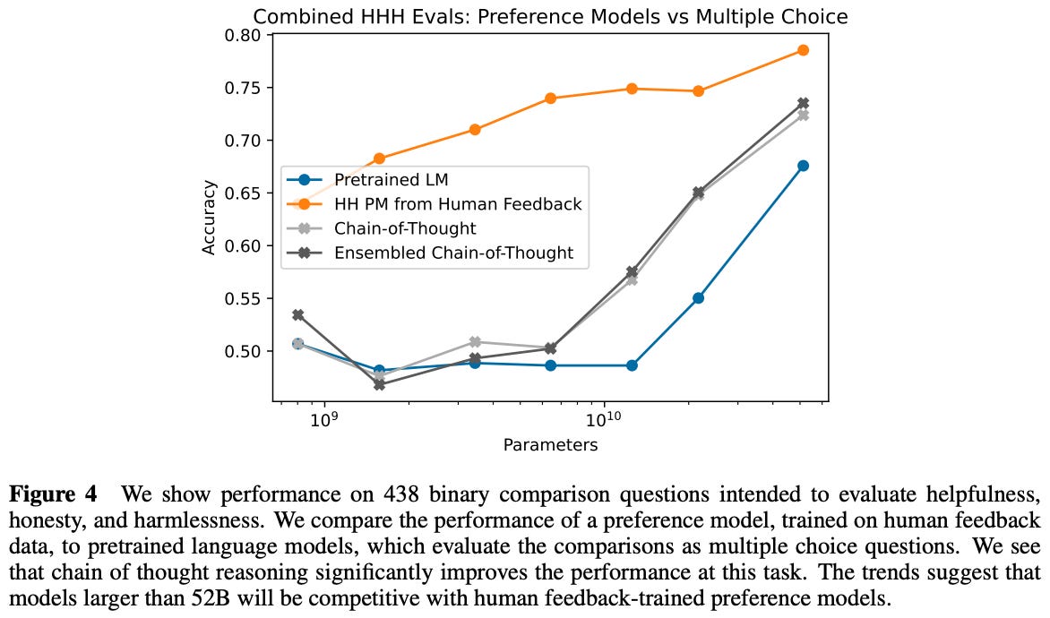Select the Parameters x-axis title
[x=549, y=445]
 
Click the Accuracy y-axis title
[x=209, y=218]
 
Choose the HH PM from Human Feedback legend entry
[x=458, y=204]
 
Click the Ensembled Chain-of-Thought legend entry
[x=453, y=253]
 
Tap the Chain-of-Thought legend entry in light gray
[x=403, y=228]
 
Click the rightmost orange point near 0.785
[x=803, y=50]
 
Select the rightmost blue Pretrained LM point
[x=803, y=166]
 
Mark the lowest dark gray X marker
[x=379, y=384]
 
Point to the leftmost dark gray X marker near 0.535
[x=298, y=315]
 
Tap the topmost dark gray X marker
[x=803, y=104]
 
